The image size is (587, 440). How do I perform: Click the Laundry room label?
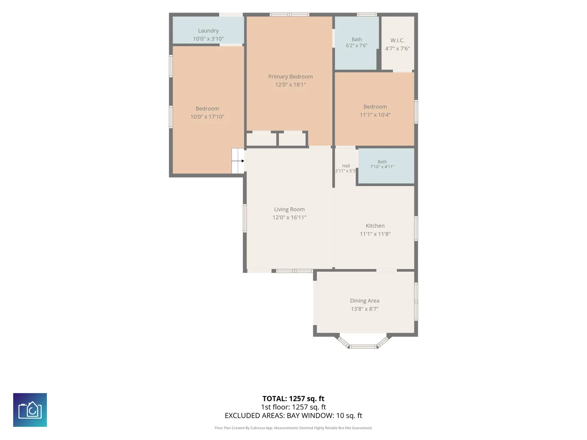point(208,31)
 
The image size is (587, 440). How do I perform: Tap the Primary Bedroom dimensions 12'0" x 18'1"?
point(290,85)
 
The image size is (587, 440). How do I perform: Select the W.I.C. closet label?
point(397,40)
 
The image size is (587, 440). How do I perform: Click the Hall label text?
point(346,166)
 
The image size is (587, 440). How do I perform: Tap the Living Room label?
point(289,209)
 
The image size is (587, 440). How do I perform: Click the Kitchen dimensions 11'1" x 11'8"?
point(375,234)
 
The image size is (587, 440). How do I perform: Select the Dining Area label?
point(364,301)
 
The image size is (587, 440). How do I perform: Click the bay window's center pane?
point(363,347)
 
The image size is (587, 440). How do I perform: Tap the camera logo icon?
point(30,410)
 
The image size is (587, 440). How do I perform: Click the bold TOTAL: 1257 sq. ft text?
point(293,398)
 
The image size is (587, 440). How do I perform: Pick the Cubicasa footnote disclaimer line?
point(293,428)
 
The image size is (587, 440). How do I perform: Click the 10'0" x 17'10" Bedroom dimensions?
point(207,117)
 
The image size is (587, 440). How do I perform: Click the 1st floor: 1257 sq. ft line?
point(293,407)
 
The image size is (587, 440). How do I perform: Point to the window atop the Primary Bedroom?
point(289,15)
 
